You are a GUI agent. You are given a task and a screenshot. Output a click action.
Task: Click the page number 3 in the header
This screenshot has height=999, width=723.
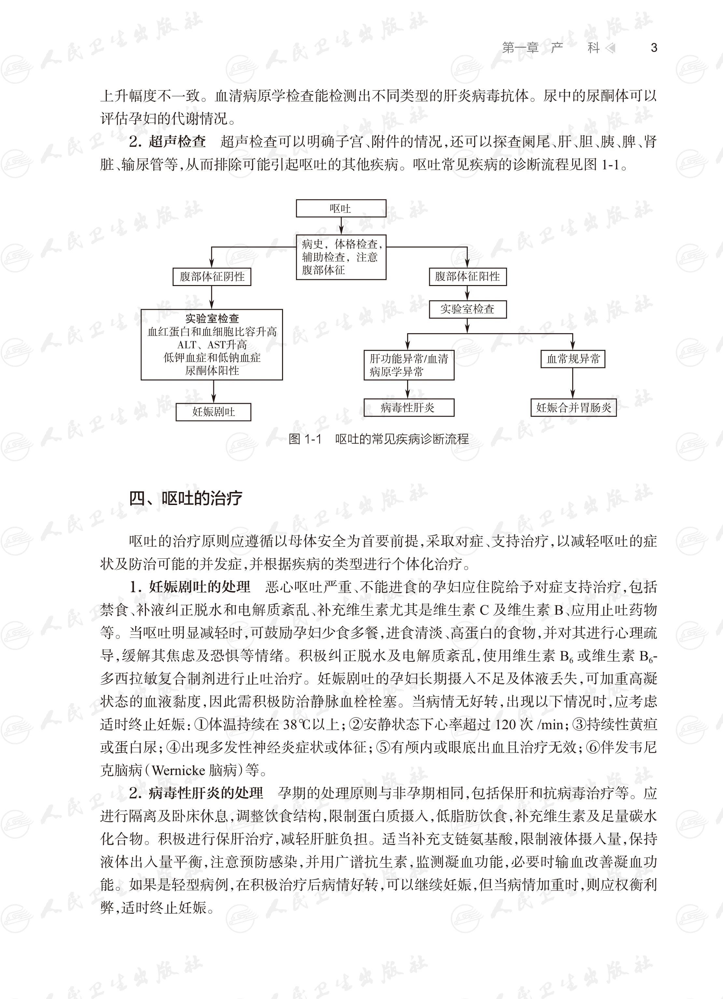(654, 48)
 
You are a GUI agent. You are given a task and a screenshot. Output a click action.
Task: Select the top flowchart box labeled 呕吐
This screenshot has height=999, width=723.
(341, 208)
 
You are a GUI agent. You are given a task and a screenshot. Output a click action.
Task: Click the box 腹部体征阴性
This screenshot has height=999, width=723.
(212, 277)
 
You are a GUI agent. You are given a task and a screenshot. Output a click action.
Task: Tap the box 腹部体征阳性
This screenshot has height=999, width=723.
(467, 277)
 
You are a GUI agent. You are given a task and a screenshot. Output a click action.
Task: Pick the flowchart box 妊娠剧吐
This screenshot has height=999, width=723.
(213, 412)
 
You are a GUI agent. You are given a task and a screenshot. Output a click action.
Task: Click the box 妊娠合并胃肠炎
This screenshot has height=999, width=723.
(573, 407)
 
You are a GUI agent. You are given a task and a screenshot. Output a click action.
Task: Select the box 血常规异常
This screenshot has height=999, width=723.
(573, 359)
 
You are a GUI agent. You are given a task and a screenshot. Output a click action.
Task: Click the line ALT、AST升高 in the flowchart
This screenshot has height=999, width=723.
(212, 345)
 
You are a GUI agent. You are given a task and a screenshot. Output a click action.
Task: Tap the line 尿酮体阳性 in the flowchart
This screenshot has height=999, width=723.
(212, 370)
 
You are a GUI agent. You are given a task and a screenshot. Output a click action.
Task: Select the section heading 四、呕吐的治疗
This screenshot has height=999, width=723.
(186, 498)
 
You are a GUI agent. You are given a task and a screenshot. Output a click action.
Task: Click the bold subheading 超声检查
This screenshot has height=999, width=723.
(177, 142)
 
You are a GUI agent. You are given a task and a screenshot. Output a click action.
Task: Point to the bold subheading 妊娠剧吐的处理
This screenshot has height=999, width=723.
(199, 587)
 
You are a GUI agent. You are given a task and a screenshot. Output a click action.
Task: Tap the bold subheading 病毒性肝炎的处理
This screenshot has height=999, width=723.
(206, 793)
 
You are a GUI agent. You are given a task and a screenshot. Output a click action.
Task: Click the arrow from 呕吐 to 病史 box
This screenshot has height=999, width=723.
(341, 226)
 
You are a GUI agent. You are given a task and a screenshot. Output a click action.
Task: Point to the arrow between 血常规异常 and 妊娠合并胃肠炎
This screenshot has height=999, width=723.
(573, 383)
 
